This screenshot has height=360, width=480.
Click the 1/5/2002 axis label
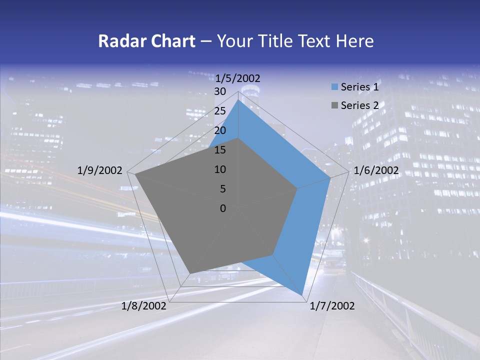point(238,78)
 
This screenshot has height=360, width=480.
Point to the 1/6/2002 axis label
point(376,170)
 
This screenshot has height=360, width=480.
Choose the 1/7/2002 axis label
point(332,306)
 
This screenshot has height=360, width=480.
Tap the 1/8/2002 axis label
point(144,306)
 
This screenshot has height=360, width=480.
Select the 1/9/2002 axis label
point(100,170)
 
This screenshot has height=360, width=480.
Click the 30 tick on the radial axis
point(220,91)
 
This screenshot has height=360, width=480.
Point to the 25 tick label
point(220,111)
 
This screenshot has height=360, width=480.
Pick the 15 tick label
point(220,150)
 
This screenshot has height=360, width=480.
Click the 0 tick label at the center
point(223,208)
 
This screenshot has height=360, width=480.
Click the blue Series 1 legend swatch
point(334,87)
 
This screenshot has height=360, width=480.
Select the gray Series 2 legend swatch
point(334,105)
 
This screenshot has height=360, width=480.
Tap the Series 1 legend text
point(359,87)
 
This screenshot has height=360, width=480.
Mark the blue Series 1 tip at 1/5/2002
point(238,100)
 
